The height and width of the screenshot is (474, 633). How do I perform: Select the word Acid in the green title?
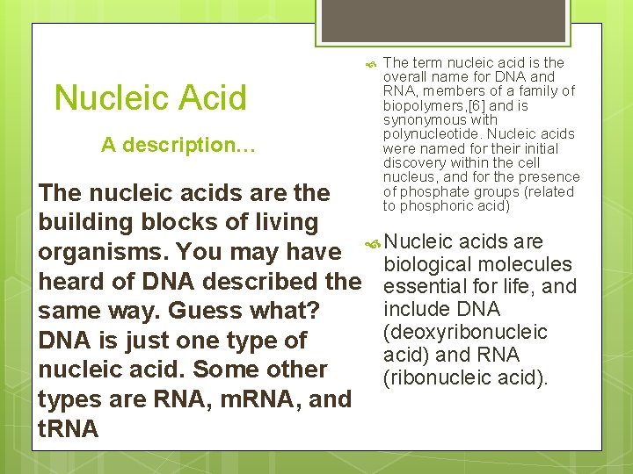coord(216,98)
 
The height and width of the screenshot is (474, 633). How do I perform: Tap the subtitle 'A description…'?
coord(178,145)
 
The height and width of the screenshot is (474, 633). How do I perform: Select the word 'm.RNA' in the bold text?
coord(262,399)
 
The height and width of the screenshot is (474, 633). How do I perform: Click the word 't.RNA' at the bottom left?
coord(69,428)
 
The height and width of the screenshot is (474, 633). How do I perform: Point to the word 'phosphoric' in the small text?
coord(430,206)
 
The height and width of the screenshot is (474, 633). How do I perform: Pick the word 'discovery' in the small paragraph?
coord(413,163)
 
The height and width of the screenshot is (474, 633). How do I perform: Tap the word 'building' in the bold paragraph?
coord(84,222)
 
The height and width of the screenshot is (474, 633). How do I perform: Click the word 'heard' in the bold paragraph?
coord(71,282)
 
